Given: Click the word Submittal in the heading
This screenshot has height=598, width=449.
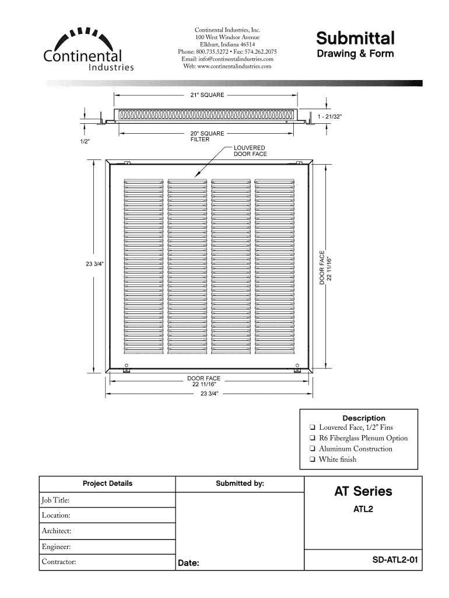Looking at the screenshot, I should [355, 39].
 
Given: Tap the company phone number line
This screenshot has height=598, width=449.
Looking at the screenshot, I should [227, 51].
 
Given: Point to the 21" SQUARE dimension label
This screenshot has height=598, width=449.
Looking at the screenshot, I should [207, 95].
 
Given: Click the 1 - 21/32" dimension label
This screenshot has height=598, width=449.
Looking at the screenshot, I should [329, 117].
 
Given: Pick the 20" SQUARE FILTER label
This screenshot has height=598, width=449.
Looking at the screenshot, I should [207, 137].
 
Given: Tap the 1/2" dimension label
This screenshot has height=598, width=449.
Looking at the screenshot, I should [85, 141].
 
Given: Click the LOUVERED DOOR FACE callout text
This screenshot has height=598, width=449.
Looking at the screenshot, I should [250, 151].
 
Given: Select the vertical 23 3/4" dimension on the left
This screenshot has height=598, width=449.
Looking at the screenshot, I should [94, 263].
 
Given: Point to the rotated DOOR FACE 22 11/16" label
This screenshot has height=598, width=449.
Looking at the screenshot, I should [325, 268].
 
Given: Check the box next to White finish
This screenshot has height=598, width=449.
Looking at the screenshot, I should [313, 460].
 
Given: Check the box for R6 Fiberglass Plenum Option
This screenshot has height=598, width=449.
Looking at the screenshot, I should [313, 439].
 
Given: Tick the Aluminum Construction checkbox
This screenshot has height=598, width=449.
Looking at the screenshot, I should [313, 449].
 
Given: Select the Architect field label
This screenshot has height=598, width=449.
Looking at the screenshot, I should [57, 531].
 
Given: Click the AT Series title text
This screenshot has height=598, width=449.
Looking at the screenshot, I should [363, 491].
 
